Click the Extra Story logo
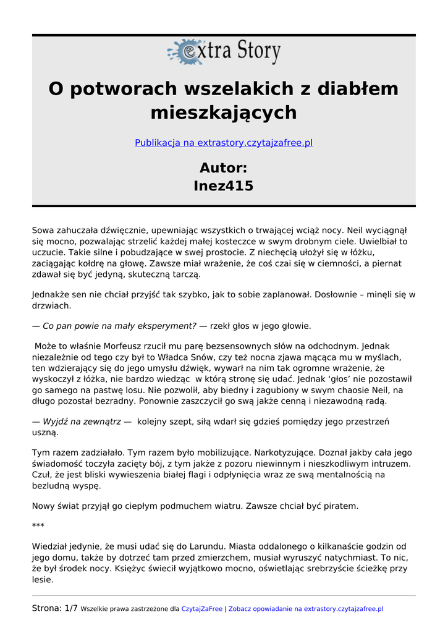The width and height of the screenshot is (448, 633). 224,52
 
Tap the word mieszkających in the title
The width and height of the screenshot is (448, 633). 224,113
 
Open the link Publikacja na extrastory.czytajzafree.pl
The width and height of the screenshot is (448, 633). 224,143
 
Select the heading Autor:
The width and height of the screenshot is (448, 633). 224,168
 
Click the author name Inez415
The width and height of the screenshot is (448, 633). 224,186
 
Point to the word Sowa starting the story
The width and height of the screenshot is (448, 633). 43,230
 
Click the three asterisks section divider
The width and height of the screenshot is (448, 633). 38,526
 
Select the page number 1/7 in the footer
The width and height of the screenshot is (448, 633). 71,608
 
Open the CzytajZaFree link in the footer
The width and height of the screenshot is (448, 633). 201,609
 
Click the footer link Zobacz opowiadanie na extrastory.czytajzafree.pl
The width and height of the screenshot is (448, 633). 306,609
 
